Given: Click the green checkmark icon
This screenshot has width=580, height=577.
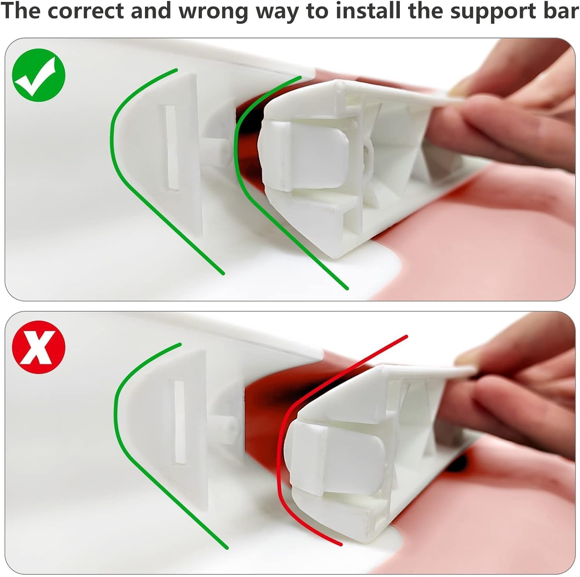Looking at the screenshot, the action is pos(39,75).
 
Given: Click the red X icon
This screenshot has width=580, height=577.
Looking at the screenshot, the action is pos(39,347).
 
